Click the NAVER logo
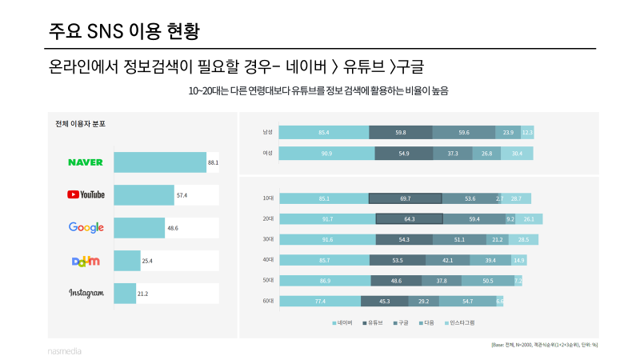click(x=86, y=162)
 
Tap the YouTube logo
click(x=86, y=194)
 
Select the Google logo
click(x=86, y=228)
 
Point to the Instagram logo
click(x=86, y=294)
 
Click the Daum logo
click(x=86, y=261)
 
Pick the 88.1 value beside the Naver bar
click(x=213, y=162)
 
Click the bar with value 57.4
click(x=144, y=195)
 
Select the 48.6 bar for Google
click(x=139, y=228)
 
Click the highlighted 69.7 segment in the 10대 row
click(x=405, y=198)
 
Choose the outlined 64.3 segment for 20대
click(x=409, y=218)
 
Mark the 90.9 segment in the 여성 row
click(x=326, y=153)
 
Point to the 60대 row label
click(x=268, y=302)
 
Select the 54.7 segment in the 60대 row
click(x=467, y=302)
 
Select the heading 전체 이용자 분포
click(x=80, y=125)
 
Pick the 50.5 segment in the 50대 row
click(x=488, y=281)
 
